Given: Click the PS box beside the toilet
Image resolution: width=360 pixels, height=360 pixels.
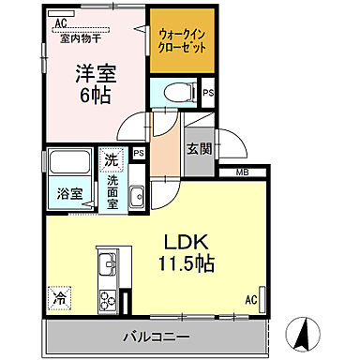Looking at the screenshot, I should [x=208, y=92].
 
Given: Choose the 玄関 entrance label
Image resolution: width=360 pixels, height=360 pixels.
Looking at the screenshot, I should [x=197, y=148].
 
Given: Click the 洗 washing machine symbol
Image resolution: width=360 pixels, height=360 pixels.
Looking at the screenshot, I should [x=111, y=159].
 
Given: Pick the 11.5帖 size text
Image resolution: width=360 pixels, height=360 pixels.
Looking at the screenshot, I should [x=187, y=262].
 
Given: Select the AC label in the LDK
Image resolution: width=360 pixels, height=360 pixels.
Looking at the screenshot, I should [x=251, y=300].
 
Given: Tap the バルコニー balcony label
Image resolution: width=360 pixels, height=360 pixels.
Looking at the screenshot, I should [x=157, y=335].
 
